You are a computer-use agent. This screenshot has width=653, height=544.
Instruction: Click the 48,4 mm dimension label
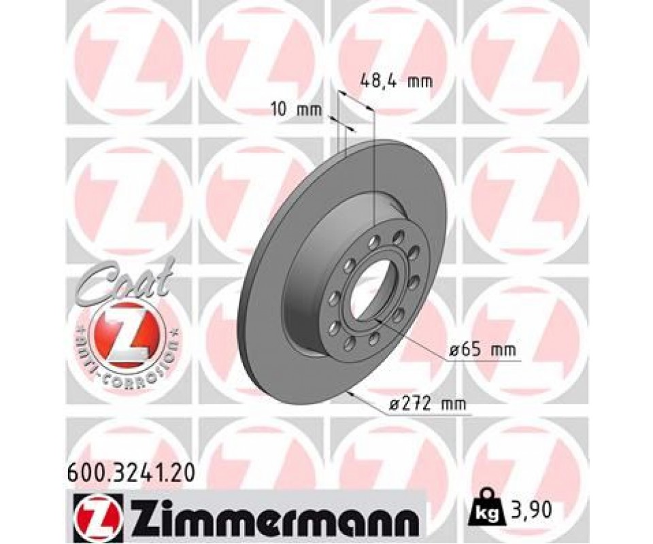click(396, 81)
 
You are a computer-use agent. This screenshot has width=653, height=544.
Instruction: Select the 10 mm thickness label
click(297, 110)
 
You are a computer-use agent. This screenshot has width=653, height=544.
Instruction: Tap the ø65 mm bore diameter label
click(483, 350)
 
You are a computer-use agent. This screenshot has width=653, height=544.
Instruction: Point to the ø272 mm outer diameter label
click(427, 403)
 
